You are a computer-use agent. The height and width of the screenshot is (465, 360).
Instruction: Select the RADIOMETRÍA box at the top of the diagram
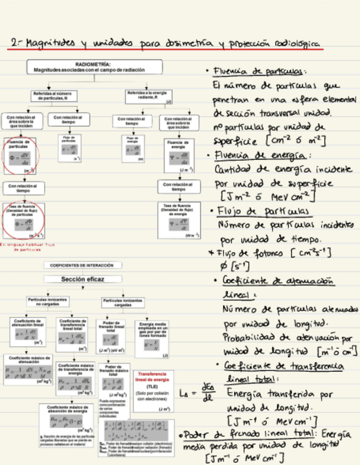94,66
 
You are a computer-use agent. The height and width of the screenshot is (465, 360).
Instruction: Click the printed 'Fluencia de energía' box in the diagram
178,155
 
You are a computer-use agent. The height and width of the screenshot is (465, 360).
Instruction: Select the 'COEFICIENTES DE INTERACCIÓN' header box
82,265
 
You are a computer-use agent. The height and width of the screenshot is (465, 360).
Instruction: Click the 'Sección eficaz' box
82,279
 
